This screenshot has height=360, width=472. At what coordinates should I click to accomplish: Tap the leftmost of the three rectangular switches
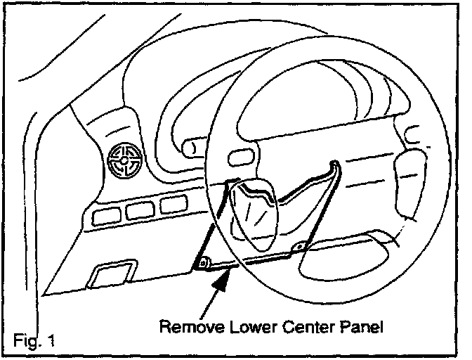(106, 214)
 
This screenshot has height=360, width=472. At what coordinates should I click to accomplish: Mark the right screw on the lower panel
(301, 246)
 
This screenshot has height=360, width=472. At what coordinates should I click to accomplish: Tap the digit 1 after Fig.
(51, 341)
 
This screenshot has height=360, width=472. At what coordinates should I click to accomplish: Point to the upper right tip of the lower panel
(336, 166)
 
